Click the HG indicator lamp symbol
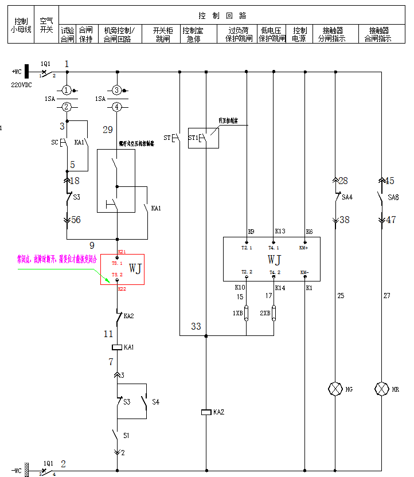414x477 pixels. (x=335, y=389)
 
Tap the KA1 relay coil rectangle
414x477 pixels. (x=117, y=347)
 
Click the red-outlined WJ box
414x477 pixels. (x=123, y=269)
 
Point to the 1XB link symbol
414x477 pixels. (x=247, y=313)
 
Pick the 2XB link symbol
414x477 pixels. (x=274, y=313)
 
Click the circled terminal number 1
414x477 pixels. (x=67, y=90)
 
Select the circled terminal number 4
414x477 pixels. (x=117, y=107)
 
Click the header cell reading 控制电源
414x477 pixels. (x=300, y=34)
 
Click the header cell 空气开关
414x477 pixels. (x=46, y=25)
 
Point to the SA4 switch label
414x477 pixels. (x=346, y=197)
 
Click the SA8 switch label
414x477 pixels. (x=393, y=197)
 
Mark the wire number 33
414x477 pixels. (x=196, y=326)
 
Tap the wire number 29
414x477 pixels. (x=108, y=130)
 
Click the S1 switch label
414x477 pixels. (x=127, y=436)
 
